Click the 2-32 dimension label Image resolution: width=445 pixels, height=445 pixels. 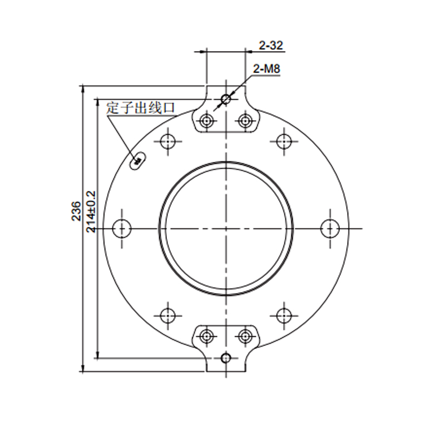coord(271,46)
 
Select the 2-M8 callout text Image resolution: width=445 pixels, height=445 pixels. coord(266,68)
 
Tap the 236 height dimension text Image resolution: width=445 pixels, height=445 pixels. coord(76,211)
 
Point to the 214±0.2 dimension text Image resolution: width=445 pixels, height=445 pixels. coord(91,212)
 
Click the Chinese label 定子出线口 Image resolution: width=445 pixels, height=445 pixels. coord(141,108)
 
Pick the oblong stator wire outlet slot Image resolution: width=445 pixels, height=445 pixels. coord(138,161)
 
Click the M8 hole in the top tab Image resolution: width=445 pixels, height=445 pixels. coord(226,100)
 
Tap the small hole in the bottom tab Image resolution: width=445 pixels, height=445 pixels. coord(226,358)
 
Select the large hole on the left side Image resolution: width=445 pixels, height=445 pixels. coord(122,229)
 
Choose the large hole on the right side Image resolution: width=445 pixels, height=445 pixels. coord(330,229)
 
